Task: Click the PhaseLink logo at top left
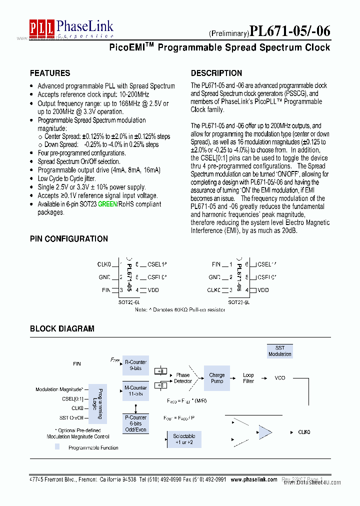(71, 28)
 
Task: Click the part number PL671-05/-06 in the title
(289, 31)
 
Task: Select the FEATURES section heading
(50, 73)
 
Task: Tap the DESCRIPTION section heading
(216, 73)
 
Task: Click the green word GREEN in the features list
(107, 204)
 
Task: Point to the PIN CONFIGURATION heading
(69, 239)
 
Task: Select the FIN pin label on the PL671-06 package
(216, 264)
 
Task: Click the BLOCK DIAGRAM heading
(62, 328)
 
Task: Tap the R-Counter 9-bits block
(135, 365)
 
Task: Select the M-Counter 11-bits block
(135, 390)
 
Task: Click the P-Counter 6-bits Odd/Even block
(135, 423)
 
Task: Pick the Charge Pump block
(217, 378)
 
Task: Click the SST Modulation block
(280, 351)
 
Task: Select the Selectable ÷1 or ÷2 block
(184, 439)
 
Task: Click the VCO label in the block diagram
(280, 378)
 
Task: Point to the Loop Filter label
(248, 378)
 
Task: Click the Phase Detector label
(183, 378)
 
